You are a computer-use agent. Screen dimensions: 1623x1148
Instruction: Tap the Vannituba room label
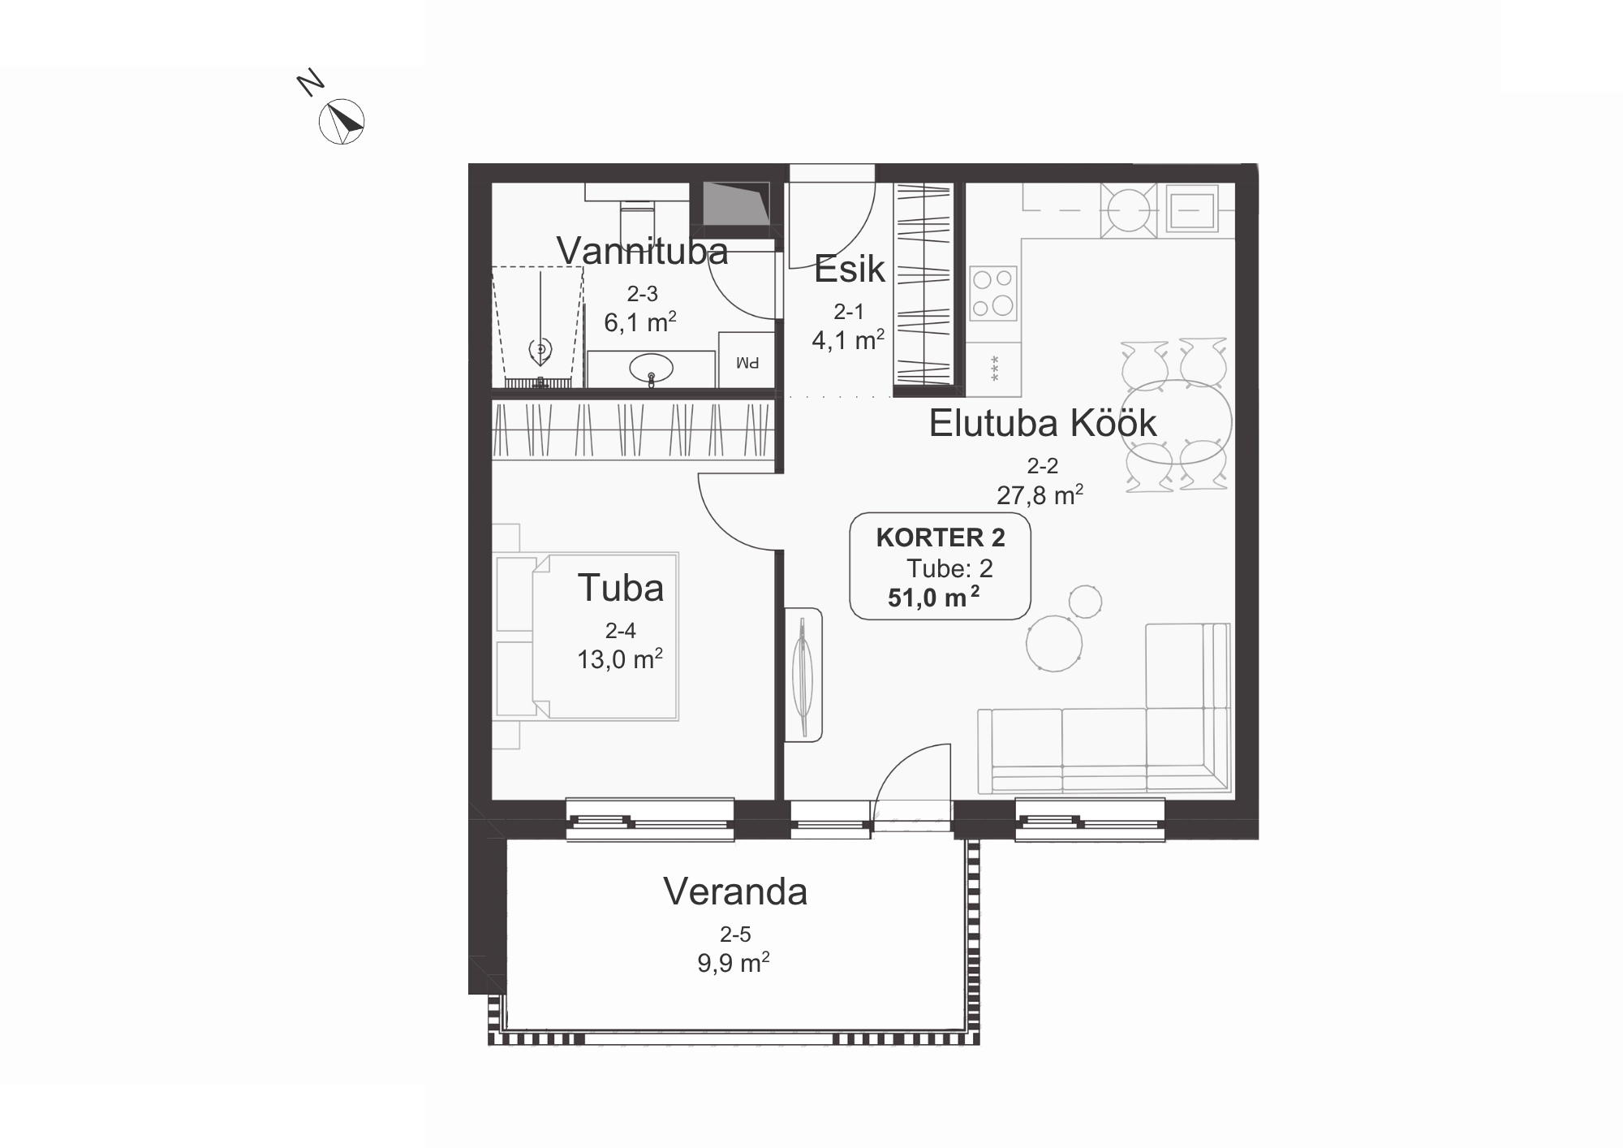click(x=642, y=251)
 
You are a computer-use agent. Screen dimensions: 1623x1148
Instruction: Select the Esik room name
click(x=849, y=269)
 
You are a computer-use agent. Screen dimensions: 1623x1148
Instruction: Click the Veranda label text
click(x=735, y=891)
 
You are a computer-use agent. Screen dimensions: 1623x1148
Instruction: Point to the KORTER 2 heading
click(x=941, y=537)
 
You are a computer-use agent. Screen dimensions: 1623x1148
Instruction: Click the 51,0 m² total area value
click(x=933, y=597)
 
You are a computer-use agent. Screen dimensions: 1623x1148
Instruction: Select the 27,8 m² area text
click(x=1040, y=494)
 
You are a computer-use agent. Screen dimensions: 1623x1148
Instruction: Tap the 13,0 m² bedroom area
click(x=620, y=658)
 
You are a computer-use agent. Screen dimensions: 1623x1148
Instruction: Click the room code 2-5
click(x=735, y=935)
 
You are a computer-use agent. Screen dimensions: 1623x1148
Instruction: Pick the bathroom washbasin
click(x=651, y=369)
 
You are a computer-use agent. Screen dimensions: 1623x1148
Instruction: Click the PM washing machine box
click(x=747, y=359)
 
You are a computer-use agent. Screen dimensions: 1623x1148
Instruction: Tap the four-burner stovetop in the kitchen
click(x=993, y=294)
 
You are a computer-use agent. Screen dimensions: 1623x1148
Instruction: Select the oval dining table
click(x=1175, y=421)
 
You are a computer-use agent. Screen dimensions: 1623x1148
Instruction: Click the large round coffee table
click(x=1054, y=643)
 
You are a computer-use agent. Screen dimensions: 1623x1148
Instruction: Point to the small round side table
click(x=1085, y=602)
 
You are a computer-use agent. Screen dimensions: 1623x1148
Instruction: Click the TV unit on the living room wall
click(x=803, y=675)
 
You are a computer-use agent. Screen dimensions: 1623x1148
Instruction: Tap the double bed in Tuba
click(x=605, y=637)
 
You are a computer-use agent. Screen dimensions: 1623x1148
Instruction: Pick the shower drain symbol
click(x=540, y=350)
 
